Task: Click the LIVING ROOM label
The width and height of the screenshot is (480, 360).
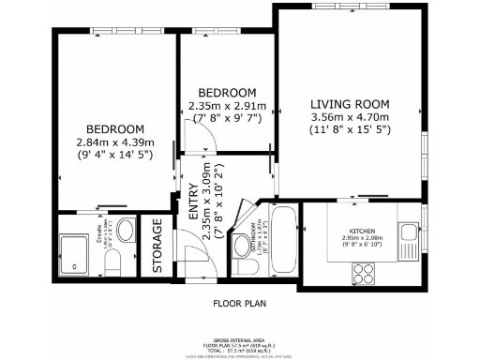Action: [350, 104]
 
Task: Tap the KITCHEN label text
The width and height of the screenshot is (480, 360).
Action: [364, 231]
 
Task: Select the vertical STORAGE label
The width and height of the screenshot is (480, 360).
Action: [157, 246]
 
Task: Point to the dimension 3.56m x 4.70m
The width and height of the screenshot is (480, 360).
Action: [350, 117]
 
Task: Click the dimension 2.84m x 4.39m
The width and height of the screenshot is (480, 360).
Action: [114, 142]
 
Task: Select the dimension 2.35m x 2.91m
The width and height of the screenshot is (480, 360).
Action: [227, 106]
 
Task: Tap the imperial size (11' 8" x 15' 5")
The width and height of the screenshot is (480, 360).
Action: [350, 130]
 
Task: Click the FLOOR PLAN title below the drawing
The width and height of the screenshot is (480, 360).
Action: [239, 304]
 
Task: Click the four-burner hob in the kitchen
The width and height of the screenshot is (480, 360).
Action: [364, 274]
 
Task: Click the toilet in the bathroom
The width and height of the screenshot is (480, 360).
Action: [246, 266]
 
